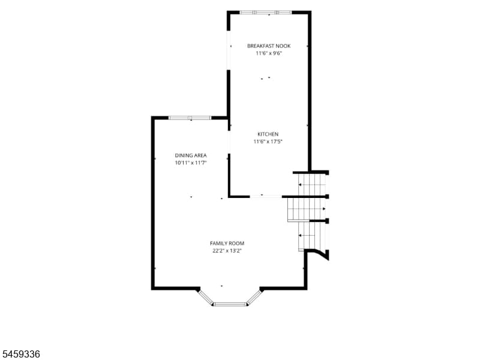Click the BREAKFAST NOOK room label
click(269, 46)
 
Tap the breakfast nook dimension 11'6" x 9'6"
click(269, 53)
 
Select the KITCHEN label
click(268, 134)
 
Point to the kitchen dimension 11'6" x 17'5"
click(268, 142)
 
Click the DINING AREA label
click(191, 155)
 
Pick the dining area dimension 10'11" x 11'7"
click(191, 163)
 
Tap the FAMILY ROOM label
click(227, 244)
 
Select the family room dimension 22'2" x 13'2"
click(227, 251)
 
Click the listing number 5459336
click(20, 354)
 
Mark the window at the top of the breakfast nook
click(265, 13)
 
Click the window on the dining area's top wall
click(190, 118)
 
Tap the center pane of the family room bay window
click(230, 304)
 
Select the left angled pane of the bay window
click(206, 297)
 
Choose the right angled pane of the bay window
click(254, 297)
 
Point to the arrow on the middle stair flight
click(324, 209)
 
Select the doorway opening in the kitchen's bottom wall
click(266, 196)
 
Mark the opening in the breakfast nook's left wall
click(229, 50)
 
